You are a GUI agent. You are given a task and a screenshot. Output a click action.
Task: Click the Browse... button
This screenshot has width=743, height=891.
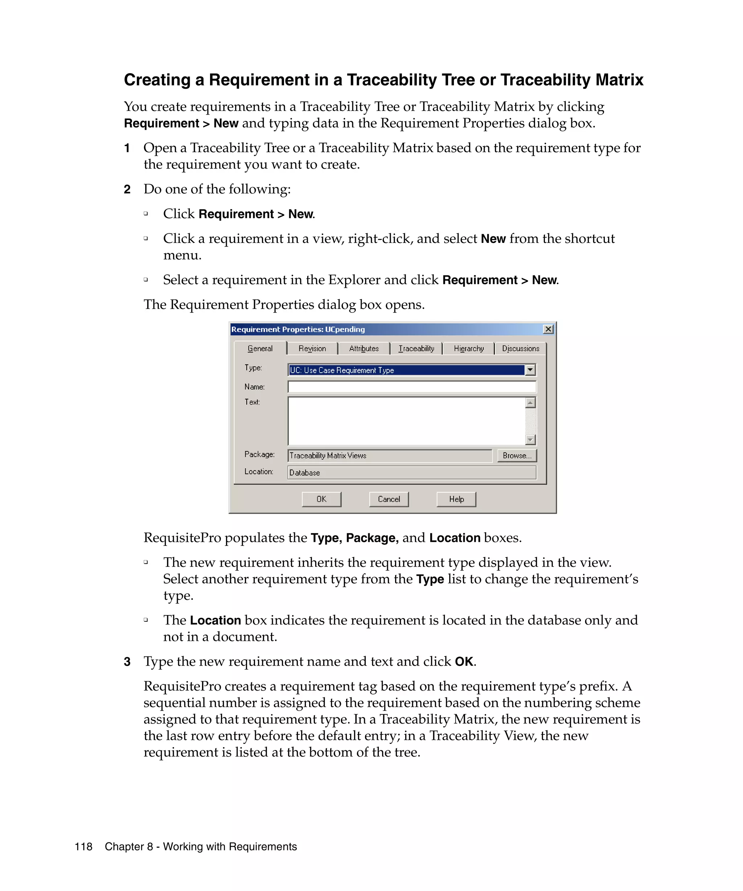click(x=517, y=455)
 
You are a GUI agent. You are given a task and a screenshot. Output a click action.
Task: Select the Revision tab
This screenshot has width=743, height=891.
click(x=312, y=348)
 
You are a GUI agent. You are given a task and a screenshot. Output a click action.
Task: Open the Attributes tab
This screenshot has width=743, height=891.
click(x=364, y=348)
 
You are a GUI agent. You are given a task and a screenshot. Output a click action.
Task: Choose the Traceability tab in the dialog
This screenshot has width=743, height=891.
click(x=416, y=348)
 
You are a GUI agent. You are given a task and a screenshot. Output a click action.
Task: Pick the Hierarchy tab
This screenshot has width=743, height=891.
click(x=468, y=348)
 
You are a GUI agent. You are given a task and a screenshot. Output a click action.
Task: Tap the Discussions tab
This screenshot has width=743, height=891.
click(x=520, y=348)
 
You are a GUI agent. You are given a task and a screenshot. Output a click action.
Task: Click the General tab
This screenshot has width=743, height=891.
click(x=260, y=348)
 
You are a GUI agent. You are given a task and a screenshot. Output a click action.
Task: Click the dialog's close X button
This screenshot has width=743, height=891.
click(x=548, y=329)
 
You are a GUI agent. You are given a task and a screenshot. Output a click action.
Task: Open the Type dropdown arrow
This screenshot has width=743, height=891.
click(x=530, y=370)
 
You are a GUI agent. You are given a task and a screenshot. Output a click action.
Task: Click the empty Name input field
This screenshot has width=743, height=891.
click(x=411, y=386)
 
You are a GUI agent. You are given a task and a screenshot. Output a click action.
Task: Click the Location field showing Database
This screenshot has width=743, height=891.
click(x=411, y=472)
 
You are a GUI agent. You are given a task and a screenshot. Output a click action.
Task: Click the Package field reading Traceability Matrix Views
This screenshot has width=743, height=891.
click(x=389, y=455)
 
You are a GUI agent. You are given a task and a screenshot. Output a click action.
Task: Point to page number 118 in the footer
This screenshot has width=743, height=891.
click(x=83, y=846)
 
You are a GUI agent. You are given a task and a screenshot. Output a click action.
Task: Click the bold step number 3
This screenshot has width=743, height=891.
click(x=127, y=662)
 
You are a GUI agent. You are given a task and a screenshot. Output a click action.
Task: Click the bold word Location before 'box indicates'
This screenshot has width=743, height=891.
click(x=215, y=620)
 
